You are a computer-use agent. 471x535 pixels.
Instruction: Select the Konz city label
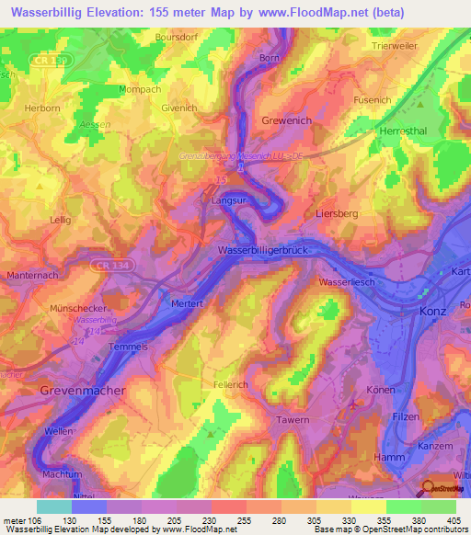click(433, 312)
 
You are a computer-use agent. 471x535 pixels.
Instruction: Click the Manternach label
click(33, 276)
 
